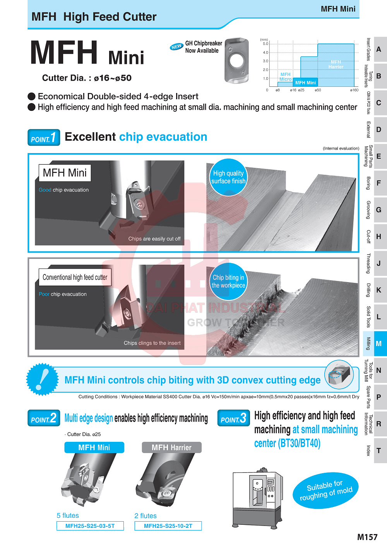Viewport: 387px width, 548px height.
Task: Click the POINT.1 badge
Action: pos(44,138)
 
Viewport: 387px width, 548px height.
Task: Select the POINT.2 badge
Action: pos(44,418)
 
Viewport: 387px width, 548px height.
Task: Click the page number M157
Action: pos(367,537)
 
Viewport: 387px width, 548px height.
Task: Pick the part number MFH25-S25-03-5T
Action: pos(90,526)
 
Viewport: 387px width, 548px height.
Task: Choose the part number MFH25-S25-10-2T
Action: pos(168,526)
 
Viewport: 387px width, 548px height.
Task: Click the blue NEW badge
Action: pos(176,47)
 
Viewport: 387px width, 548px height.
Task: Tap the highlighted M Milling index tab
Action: pos(375,343)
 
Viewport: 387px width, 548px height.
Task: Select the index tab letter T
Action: pos(378,450)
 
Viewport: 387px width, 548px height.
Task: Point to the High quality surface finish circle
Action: pos(228,177)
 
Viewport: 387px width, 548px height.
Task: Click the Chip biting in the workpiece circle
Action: pos(228,281)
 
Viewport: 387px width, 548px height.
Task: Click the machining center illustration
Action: pos(257,498)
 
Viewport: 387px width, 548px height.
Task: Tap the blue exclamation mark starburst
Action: pos(42,379)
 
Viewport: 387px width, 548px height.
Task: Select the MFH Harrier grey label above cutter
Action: pos(171,448)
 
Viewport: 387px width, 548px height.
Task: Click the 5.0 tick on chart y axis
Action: pos(265,44)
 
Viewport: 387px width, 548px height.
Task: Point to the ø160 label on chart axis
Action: pos(354,90)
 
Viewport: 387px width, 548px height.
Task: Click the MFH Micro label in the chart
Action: pos(285,77)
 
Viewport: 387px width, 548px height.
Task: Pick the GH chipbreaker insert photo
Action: pos(236,60)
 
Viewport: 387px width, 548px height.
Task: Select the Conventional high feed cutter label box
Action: pos(75,277)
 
